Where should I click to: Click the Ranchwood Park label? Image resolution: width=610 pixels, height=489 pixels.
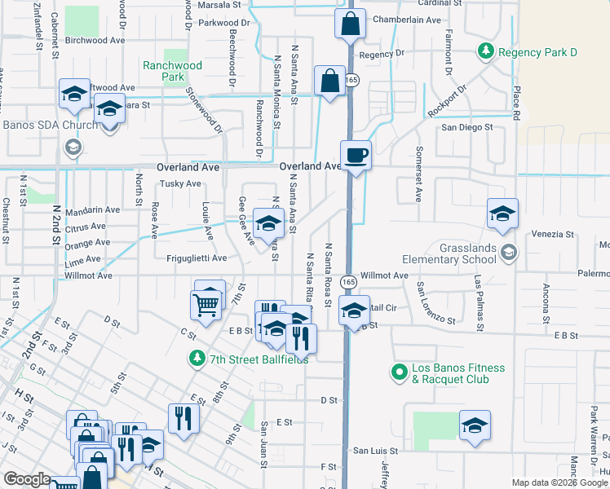[x=171, y=71]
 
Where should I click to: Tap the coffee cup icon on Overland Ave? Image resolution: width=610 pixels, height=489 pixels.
[x=356, y=155]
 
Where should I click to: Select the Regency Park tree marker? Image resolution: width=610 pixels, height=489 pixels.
[x=487, y=51]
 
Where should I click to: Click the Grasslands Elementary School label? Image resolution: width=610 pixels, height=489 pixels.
[x=449, y=253]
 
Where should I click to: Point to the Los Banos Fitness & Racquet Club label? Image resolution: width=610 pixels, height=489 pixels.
[x=459, y=373]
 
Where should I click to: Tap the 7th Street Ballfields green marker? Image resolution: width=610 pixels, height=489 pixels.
[x=197, y=359]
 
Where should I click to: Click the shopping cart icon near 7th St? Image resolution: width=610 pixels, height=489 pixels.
[x=206, y=304]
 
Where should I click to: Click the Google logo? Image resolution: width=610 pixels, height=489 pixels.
[x=28, y=480]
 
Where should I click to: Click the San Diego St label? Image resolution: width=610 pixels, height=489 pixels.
[x=467, y=127]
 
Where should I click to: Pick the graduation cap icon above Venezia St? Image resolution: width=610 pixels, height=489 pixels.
[x=503, y=214]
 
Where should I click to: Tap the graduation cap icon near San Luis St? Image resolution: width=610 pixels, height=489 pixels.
[x=475, y=425]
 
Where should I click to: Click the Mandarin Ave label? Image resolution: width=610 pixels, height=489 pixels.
[x=91, y=209]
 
